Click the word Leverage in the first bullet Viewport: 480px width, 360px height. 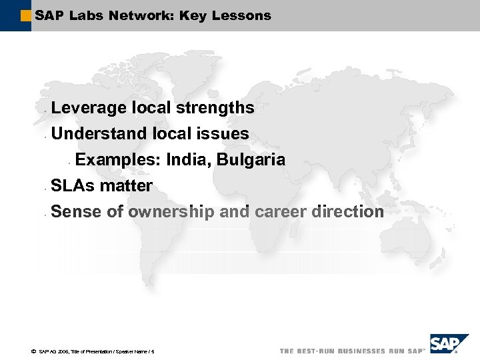pos(89,108)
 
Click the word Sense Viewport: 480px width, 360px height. pos(73,212)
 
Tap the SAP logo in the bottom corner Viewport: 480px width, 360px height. pos(445,345)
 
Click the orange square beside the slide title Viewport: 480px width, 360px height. pos(26,15)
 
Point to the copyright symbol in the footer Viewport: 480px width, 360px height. pos(33,351)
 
